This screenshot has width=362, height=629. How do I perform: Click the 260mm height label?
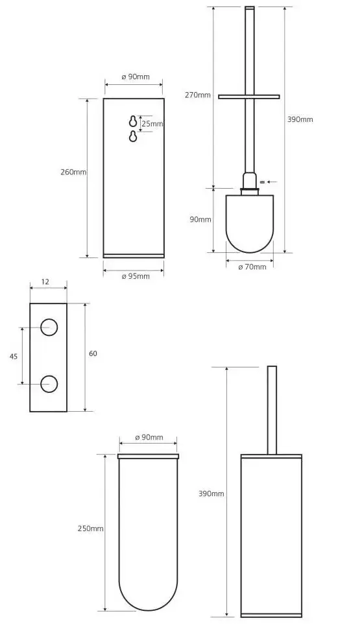[x=73, y=172]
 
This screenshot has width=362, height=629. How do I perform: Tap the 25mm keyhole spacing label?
[x=152, y=124]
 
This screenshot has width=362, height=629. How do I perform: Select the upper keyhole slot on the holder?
[x=133, y=121]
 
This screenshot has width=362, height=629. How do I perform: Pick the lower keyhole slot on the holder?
[x=133, y=136]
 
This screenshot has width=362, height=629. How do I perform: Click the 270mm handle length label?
[x=197, y=95]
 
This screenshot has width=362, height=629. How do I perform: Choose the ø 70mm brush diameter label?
[x=252, y=267]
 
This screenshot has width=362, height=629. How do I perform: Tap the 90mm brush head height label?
[x=200, y=219]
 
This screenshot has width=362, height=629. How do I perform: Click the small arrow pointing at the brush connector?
[x=272, y=182]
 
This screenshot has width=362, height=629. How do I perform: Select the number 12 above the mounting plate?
[x=45, y=282]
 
